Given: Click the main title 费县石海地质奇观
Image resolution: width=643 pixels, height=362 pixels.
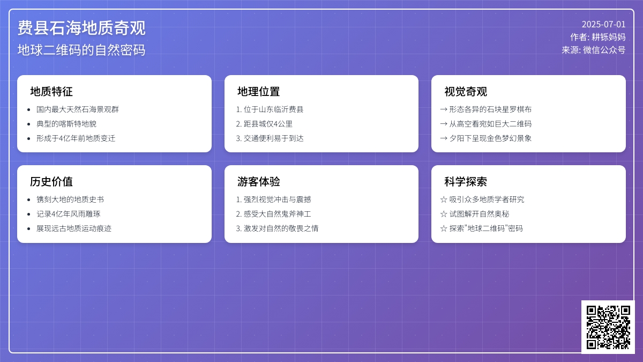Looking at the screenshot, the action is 81,28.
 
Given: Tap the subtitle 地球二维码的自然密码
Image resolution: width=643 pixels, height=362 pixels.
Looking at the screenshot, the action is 81,50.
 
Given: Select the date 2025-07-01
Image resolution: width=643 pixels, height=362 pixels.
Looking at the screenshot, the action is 603,24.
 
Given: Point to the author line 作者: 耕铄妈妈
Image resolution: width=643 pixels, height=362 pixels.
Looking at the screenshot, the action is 598,37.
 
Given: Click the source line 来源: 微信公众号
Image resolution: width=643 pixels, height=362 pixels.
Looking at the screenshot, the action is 594,50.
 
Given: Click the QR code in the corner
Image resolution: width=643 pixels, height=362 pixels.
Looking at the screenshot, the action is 608,327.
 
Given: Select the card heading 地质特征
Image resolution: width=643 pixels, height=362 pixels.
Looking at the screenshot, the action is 51,92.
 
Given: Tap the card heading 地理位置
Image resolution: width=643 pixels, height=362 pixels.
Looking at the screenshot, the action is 258,92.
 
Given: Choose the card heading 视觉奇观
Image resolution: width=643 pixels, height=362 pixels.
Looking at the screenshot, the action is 466,92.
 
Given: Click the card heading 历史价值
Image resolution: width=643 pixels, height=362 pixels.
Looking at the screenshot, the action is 51,182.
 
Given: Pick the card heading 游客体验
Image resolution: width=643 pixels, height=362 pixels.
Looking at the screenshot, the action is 258,182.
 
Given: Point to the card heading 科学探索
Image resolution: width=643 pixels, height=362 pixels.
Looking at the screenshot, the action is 466,182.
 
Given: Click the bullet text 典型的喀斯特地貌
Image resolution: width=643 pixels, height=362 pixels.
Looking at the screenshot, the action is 66,124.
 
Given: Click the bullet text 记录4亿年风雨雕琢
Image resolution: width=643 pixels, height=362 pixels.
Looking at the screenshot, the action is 69,214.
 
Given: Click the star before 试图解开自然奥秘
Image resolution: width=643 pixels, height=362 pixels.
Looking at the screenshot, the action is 444,214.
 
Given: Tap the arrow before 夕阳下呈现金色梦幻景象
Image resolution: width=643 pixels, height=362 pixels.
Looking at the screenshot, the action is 444,138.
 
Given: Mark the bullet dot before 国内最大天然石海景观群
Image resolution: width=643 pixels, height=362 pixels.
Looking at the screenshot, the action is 29,109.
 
